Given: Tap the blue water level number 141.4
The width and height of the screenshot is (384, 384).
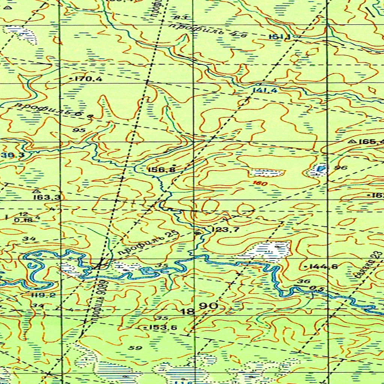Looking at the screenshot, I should pos(265,90).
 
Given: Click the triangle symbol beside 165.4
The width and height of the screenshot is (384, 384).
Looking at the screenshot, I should pos(352,142).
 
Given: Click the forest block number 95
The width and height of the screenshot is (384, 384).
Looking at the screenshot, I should pos(79,130).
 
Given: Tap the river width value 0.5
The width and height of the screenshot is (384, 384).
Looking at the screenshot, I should pos(317,289).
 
